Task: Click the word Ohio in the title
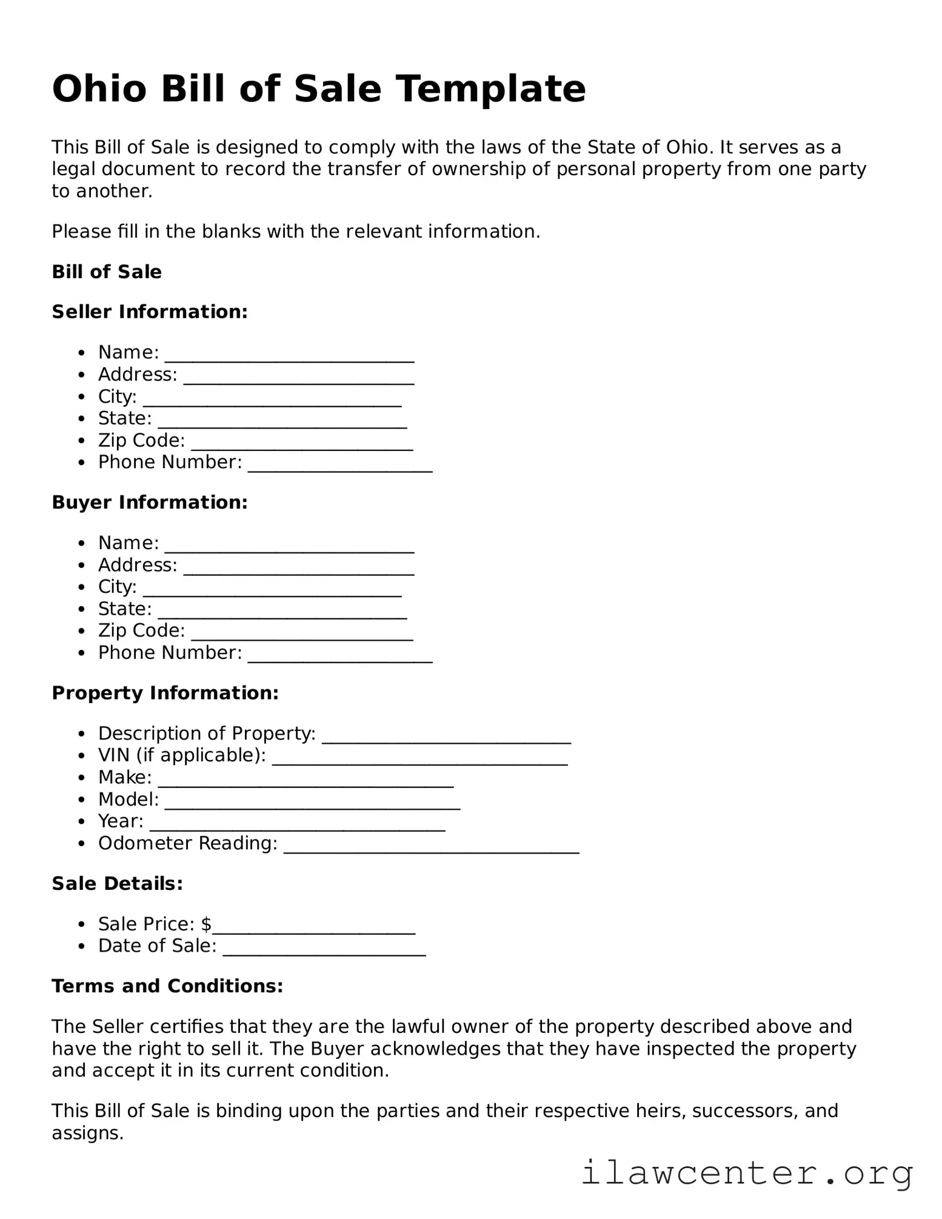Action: (99, 89)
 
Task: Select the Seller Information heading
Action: (150, 312)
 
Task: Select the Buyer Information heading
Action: (150, 503)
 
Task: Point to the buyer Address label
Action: (138, 565)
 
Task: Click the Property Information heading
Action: (165, 693)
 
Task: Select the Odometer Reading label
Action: (187, 843)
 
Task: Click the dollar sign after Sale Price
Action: (206, 924)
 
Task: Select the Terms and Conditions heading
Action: (167, 986)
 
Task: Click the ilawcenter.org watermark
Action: (747, 1172)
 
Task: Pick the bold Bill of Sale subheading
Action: (107, 272)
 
